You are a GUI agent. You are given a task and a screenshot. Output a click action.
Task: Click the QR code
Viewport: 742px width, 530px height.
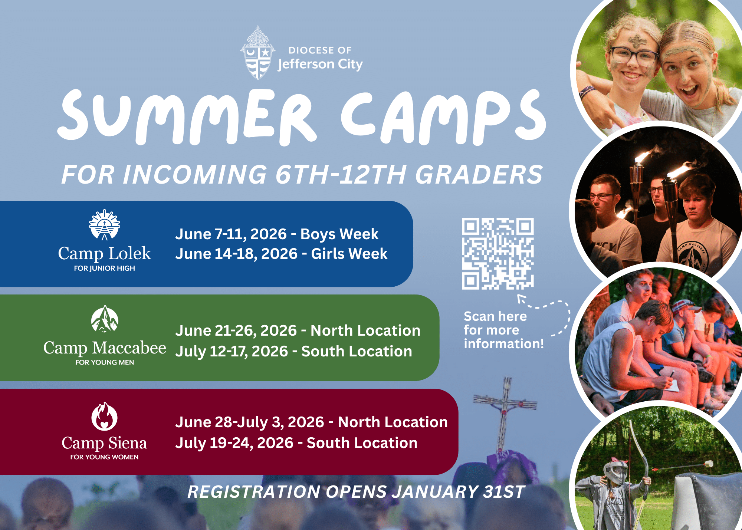point(498,254)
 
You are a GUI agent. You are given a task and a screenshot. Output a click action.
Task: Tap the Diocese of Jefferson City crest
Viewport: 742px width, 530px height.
point(258,53)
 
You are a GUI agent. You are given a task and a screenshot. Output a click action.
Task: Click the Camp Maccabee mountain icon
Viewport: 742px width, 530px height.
point(105,319)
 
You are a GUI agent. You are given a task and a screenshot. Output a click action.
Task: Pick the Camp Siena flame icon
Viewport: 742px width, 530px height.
point(105,416)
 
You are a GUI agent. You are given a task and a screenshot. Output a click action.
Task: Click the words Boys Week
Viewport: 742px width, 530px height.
point(339,234)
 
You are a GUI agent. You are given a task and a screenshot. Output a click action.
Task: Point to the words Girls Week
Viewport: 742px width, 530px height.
point(349,254)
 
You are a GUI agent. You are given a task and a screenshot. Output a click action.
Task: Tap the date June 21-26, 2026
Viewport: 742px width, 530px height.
point(236,330)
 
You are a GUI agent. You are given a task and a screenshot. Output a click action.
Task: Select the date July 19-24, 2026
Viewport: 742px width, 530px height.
point(234,443)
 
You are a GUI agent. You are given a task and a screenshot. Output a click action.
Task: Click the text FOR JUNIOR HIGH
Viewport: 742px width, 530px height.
point(105,268)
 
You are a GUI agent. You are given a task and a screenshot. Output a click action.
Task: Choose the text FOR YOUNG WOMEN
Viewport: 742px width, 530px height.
point(104,457)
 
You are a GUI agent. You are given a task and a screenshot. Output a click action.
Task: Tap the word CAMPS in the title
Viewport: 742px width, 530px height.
point(444,117)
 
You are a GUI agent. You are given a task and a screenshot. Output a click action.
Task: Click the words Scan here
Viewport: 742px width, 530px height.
point(495,316)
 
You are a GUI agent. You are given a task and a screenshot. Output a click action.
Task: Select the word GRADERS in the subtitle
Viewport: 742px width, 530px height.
point(479,174)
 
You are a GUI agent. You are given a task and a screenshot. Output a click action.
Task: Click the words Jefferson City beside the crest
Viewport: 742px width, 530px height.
point(320,65)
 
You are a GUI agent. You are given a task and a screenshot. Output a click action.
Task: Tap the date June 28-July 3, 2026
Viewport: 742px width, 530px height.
point(250,422)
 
